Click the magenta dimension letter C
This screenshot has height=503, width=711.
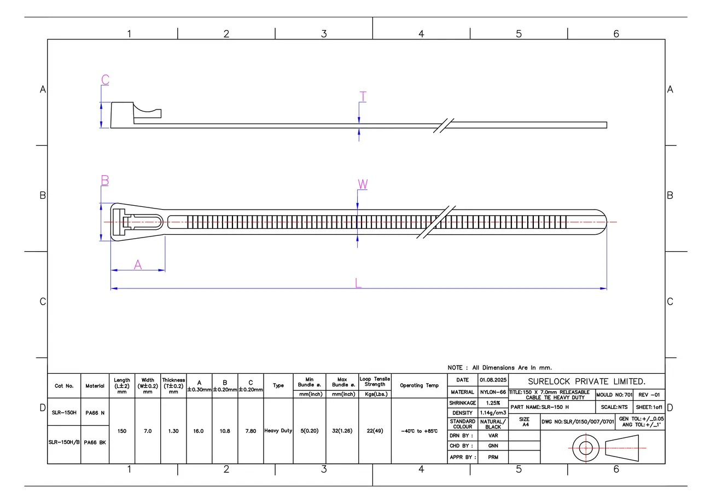coord(105,79)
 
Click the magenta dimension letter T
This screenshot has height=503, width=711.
coord(362,97)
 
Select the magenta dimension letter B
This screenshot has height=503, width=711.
coord(105,180)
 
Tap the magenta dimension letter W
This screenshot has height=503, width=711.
coord(362,184)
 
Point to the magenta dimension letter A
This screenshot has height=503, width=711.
coord(138,265)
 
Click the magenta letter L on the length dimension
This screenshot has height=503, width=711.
coord(358,283)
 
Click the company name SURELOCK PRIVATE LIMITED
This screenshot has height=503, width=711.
coord(586,381)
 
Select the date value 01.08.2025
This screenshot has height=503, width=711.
coord(493,380)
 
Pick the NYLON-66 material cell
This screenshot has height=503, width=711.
coord(493,392)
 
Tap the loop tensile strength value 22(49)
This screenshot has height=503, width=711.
coord(375,431)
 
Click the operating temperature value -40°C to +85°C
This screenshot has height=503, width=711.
coord(419,431)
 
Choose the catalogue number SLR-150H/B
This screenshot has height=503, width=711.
coord(64,442)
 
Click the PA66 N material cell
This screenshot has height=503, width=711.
coord(95,413)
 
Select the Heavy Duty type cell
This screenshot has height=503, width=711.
coord(278,431)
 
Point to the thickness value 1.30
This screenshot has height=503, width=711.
coord(173,431)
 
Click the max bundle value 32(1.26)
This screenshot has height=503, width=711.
coord(342,431)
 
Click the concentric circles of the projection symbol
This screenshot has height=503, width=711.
coord(586,448)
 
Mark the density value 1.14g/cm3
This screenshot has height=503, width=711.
coord(493,413)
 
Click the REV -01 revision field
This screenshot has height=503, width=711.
coord(649,395)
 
